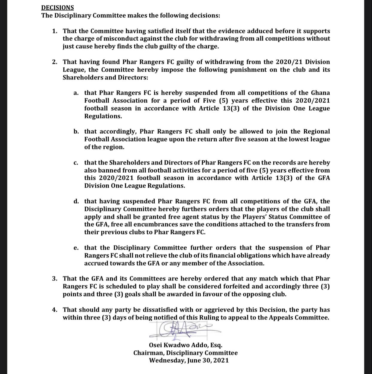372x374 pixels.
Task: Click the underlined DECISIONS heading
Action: [57, 7]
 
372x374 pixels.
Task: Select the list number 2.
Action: [54, 62]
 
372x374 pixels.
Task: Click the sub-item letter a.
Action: [76, 93]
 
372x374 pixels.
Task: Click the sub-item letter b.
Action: [76, 132]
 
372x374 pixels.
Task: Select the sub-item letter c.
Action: [76, 163]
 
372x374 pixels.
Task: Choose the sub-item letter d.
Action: [76, 201]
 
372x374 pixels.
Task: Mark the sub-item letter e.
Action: [76, 248]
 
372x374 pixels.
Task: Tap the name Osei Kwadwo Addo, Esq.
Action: [186, 345]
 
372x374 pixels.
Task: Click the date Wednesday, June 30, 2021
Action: [189, 361]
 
